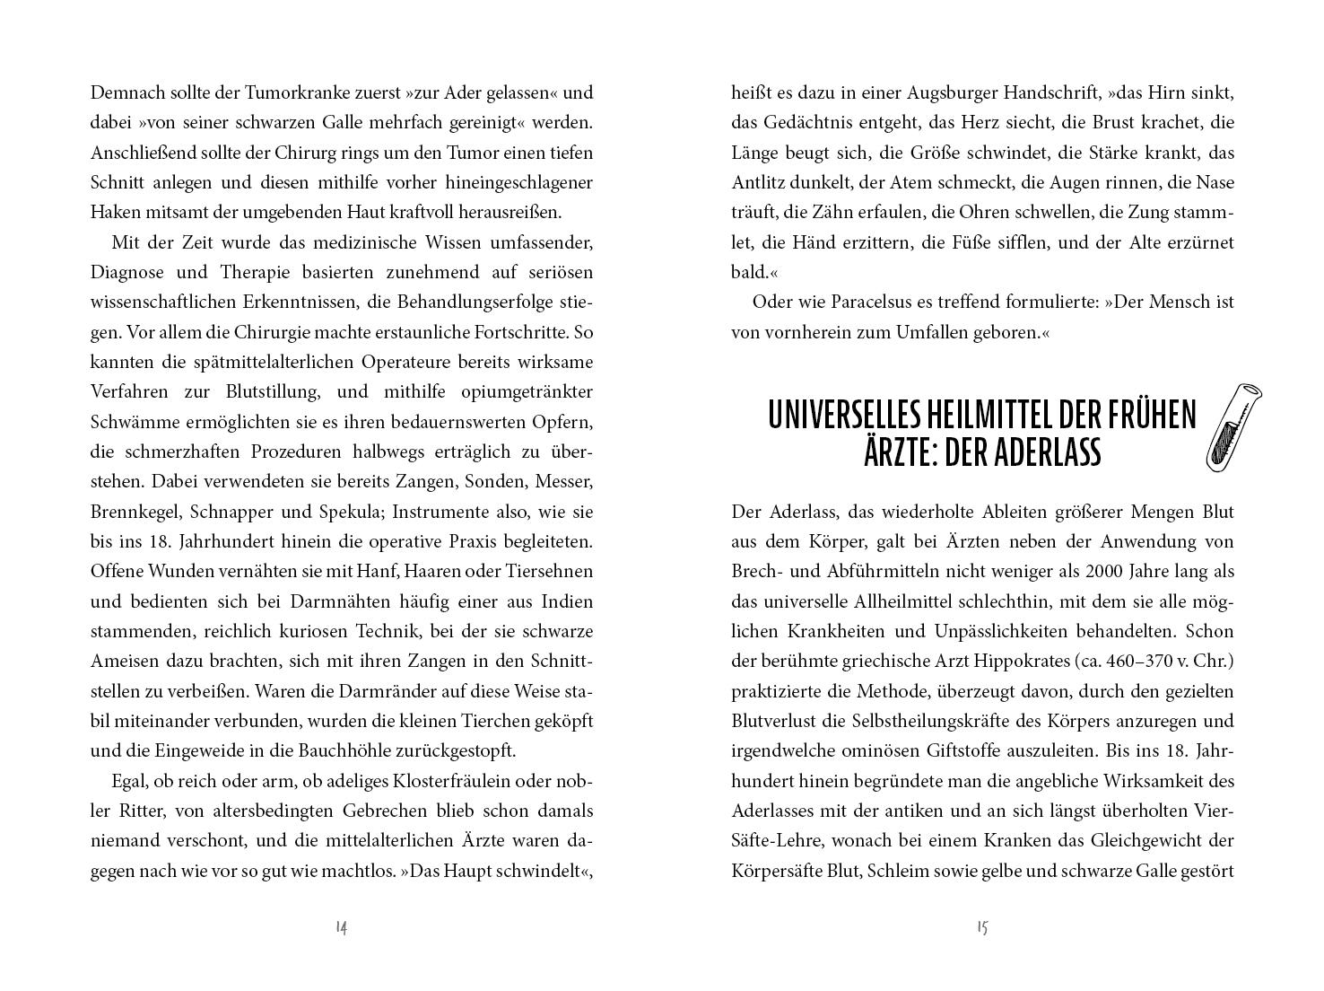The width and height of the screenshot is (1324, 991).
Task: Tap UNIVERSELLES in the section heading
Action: (847, 415)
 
